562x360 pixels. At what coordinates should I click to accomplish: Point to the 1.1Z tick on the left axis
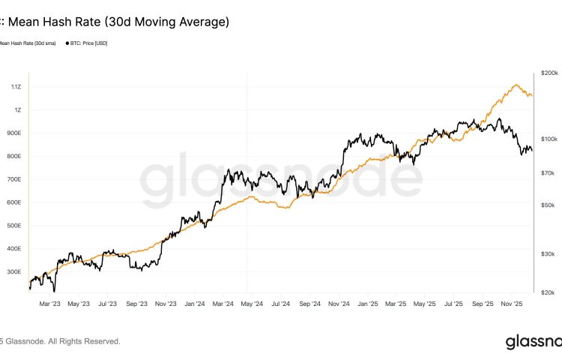tap(16, 87)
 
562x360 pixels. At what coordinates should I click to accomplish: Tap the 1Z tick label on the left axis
tap(18, 110)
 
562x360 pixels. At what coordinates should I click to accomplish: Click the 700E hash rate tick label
tap(15, 180)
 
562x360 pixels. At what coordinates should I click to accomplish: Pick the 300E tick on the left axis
tap(15, 272)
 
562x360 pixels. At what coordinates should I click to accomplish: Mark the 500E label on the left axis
tap(15, 226)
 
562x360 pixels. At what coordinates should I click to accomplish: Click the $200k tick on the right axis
tap(549, 73)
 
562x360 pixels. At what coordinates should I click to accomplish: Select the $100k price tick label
tap(549, 139)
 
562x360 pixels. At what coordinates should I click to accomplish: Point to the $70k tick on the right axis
tap(548, 173)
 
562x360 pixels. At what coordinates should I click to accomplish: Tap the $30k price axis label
tap(548, 253)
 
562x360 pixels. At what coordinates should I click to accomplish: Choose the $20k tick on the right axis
tap(548, 292)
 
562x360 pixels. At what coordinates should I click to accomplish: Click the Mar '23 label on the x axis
tap(49, 304)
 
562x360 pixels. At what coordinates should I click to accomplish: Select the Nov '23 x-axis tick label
tap(166, 304)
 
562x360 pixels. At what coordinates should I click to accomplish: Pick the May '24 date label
tap(253, 304)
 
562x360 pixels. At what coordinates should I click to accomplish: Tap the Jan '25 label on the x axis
tap(368, 304)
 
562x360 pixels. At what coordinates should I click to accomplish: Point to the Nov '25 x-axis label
tap(512, 304)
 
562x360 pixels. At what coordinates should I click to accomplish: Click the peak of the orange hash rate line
tap(516, 85)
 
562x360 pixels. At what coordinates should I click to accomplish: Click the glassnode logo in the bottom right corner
tap(532, 342)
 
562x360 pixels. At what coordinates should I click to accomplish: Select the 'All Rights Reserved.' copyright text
tap(83, 341)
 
